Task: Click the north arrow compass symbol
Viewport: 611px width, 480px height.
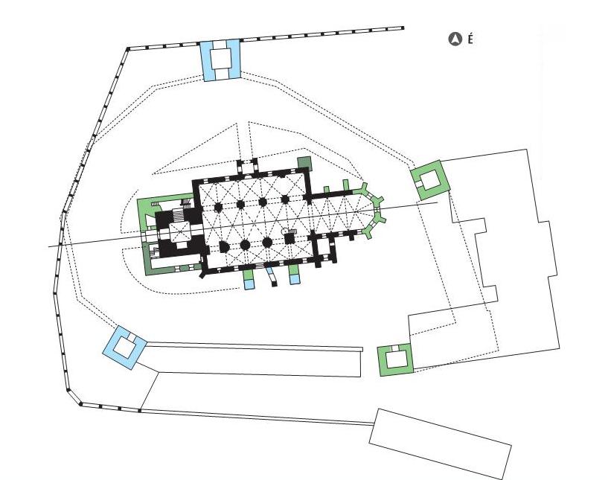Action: click(x=455, y=39)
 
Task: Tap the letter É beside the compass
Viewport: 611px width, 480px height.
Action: click(x=470, y=39)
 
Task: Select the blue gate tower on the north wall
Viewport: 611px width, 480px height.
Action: click(x=220, y=60)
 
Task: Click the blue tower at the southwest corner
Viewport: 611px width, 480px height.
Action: click(x=124, y=348)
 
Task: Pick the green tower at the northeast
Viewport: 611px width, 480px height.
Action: click(x=430, y=180)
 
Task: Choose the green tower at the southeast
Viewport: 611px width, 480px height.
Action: click(x=395, y=359)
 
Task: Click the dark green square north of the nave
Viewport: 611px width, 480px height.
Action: click(x=304, y=163)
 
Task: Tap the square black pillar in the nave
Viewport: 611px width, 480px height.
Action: click(x=289, y=238)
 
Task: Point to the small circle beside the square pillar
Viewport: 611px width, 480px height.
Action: click(x=284, y=231)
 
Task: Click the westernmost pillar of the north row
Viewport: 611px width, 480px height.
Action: click(x=218, y=206)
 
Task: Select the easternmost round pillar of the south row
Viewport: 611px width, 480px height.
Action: click(x=267, y=243)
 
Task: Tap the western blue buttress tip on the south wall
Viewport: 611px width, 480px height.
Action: click(x=248, y=284)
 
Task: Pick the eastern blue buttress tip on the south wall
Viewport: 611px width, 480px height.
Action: click(x=295, y=279)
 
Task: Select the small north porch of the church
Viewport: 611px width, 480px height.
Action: click(x=248, y=166)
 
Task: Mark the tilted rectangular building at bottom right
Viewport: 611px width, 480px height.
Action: click(x=441, y=444)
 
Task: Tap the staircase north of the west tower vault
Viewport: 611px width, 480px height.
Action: click(x=179, y=214)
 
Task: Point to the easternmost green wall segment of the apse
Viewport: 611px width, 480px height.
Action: click(x=378, y=214)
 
